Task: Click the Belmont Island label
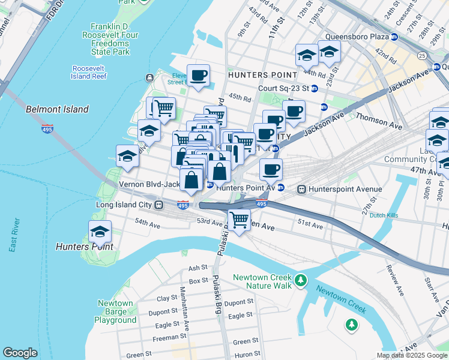coord(57,109)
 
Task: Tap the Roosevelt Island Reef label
coord(89,73)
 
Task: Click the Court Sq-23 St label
coord(283,88)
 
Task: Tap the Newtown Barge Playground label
coord(115,311)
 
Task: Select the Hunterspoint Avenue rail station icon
coord(301,189)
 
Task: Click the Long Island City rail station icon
coord(159,205)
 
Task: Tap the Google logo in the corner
coord(20,352)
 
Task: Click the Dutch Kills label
coord(385,215)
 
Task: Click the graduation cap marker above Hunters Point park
coord(100,232)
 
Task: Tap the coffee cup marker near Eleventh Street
coord(199,76)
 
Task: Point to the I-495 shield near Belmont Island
coord(47,128)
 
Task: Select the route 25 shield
coord(422,56)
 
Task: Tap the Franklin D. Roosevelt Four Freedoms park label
coord(114,39)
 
